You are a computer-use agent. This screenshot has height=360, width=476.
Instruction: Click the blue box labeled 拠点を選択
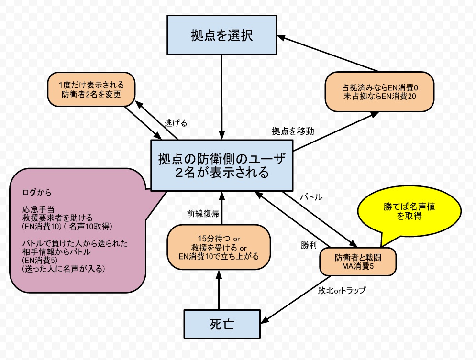(222, 35)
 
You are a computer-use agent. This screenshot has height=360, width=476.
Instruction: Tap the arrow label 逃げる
(175, 123)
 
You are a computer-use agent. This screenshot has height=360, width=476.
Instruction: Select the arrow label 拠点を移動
(293, 131)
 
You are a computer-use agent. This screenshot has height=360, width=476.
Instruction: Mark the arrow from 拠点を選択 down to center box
(222, 96)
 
